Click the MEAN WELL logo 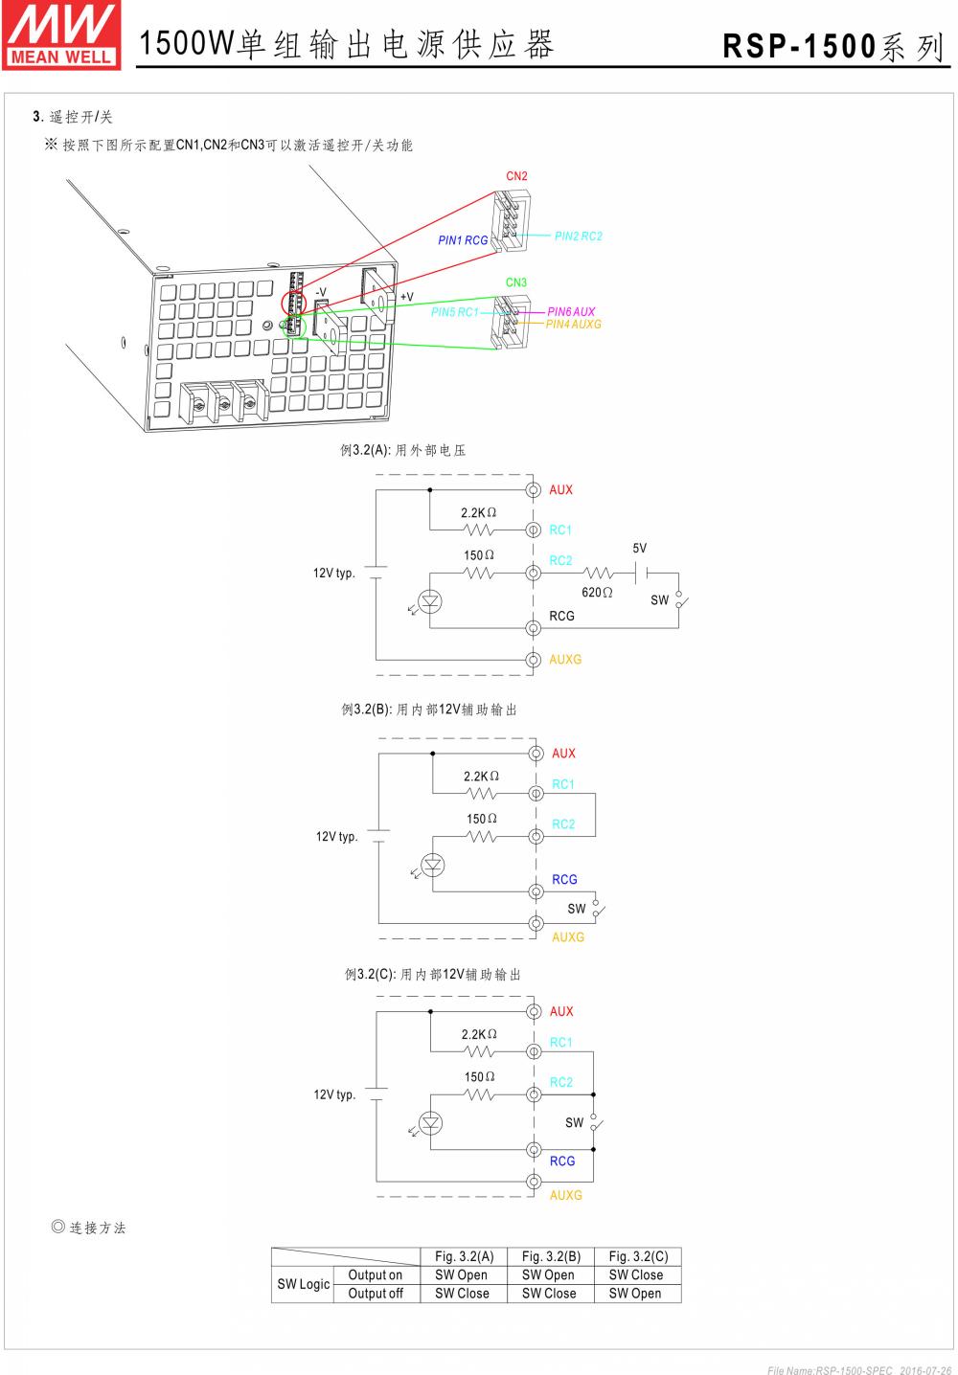(x=62, y=34)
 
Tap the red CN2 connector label (x=516, y=176)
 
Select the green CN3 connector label (x=516, y=282)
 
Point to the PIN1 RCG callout (x=463, y=240)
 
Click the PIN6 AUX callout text (x=571, y=312)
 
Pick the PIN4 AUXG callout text (x=574, y=325)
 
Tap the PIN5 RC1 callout (x=454, y=312)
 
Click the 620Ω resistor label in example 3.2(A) (x=597, y=593)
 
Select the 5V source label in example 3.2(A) (x=640, y=549)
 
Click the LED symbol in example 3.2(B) (x=434, y=865)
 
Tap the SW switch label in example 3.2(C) (x=574, y=1123)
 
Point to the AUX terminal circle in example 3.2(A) (x=534, y=490)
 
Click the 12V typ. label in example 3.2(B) (x=337, y=837)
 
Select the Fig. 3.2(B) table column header (x=548, y=1256)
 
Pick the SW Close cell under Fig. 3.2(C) (x=635, y=1274)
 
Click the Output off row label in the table (x=376, y=1294)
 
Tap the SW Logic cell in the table (x=303, y=1284)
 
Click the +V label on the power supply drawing (x=407, y=297)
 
